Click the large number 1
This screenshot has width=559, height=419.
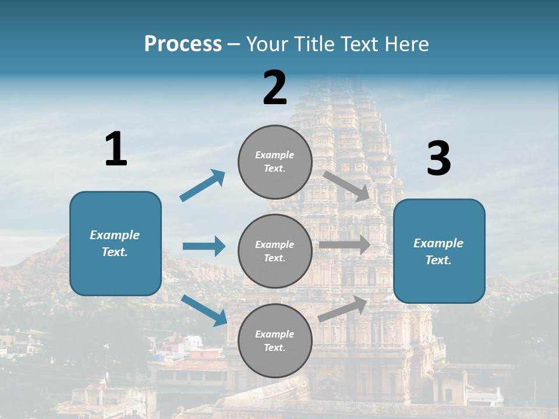pos(116,150)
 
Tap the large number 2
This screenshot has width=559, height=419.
pos(275,88)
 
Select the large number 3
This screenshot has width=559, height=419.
pos(438,159)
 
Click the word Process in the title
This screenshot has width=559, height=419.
pos(183,44)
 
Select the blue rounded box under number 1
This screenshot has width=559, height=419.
pos(115,243)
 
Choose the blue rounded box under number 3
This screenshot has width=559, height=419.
pos(439,251)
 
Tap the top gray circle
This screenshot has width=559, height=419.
pos(275,162)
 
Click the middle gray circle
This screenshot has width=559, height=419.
pos(275,251)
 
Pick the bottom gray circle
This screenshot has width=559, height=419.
pos(275,340)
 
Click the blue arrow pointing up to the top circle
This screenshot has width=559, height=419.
pos(203,186)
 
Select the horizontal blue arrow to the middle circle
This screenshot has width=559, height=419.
pos(204,246)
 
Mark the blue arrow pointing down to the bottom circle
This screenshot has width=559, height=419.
pos(204,310)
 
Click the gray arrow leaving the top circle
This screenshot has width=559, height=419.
pos(346,186)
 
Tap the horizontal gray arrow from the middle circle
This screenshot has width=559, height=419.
pos(345,244)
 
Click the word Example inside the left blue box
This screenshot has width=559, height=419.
pos(115,235)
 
